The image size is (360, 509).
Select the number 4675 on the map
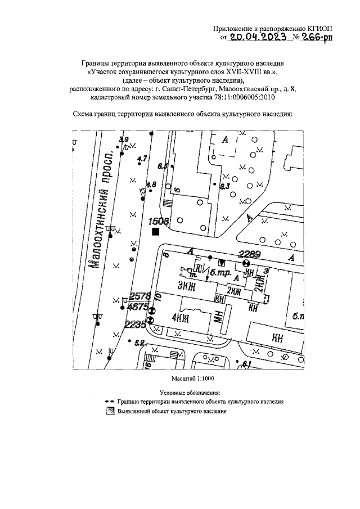[x=137, y=308]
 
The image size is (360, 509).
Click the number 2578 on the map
[x=139, y=296]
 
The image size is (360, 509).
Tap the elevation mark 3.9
[x=124, y=139]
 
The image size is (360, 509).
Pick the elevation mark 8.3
[x=225, y=187]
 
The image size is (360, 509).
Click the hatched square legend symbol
[x=110, y=411]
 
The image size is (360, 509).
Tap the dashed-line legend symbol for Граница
[x=110, y=402]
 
